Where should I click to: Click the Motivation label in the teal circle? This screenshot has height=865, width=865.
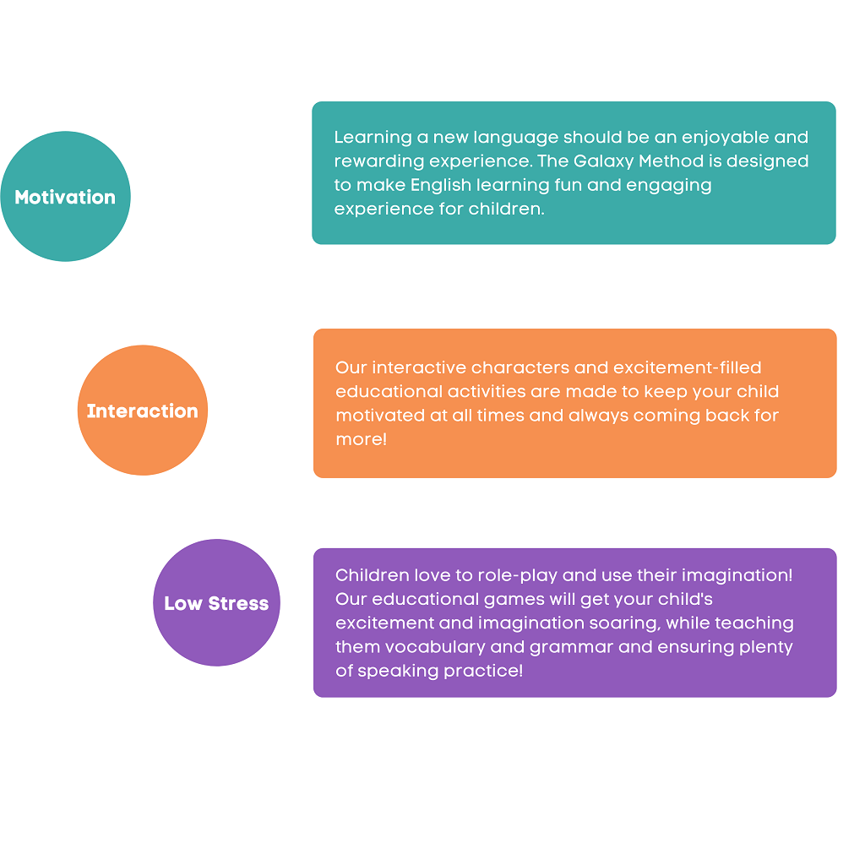[65, 197]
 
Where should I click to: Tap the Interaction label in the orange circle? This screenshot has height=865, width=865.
[142, 411]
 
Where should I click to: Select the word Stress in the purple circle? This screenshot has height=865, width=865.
[239, 603]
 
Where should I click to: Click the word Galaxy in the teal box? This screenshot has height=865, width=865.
[603, 161]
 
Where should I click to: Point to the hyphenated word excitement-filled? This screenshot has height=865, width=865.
[687, 367]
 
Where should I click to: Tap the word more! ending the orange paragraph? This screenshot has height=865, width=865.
[362, 439]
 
